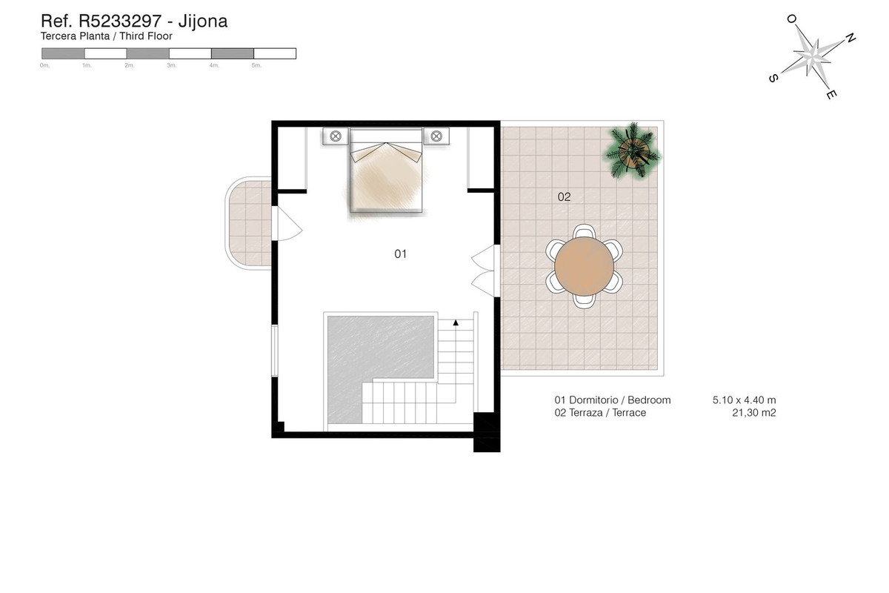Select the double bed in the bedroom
[385, 172]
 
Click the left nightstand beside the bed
[336, 136]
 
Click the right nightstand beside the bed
[437, 136]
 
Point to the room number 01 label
[400, 254]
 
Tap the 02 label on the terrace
[564, 197]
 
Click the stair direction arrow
[456, 323]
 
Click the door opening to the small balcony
[284, 222]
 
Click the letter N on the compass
[850, 38]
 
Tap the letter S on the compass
[773, 77]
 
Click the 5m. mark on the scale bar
[256, 66]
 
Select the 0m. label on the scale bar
[44, 66]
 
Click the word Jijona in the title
[203, 21]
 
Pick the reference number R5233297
[119, 21]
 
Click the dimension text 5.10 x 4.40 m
[744, 400]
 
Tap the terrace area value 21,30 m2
[753, 413]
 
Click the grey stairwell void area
[378, 356]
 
